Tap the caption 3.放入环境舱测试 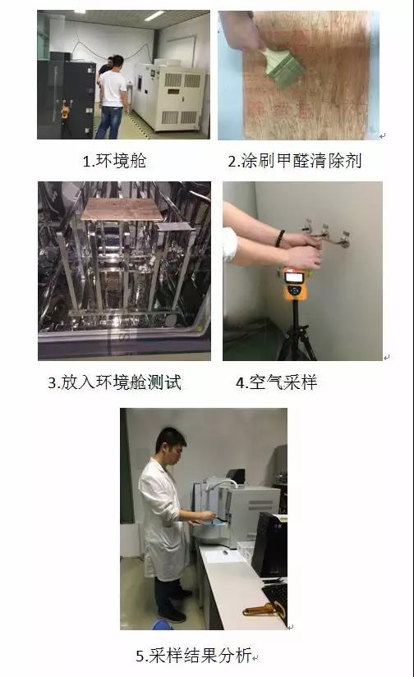(x=114, y=382)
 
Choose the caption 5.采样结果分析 (x=197, y=656)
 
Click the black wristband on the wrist (x=281, y=239)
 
